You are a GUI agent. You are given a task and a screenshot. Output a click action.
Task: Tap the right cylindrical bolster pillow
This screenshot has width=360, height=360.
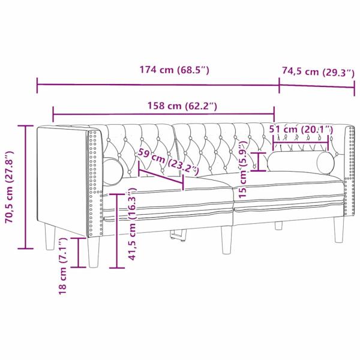coord(301,161)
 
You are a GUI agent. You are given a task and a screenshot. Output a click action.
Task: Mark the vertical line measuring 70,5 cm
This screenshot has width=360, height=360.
coord(25,187)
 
